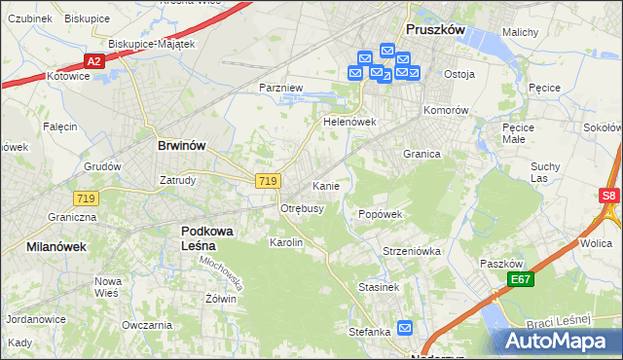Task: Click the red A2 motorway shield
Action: (93, 61)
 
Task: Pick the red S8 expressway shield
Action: (609, 196)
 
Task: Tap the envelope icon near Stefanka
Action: (405, 329)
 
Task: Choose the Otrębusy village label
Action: (302, 208)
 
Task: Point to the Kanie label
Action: (325, 186)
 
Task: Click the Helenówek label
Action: (349, 123)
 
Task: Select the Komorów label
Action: (446, 110)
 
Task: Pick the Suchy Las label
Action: (545, 172)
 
